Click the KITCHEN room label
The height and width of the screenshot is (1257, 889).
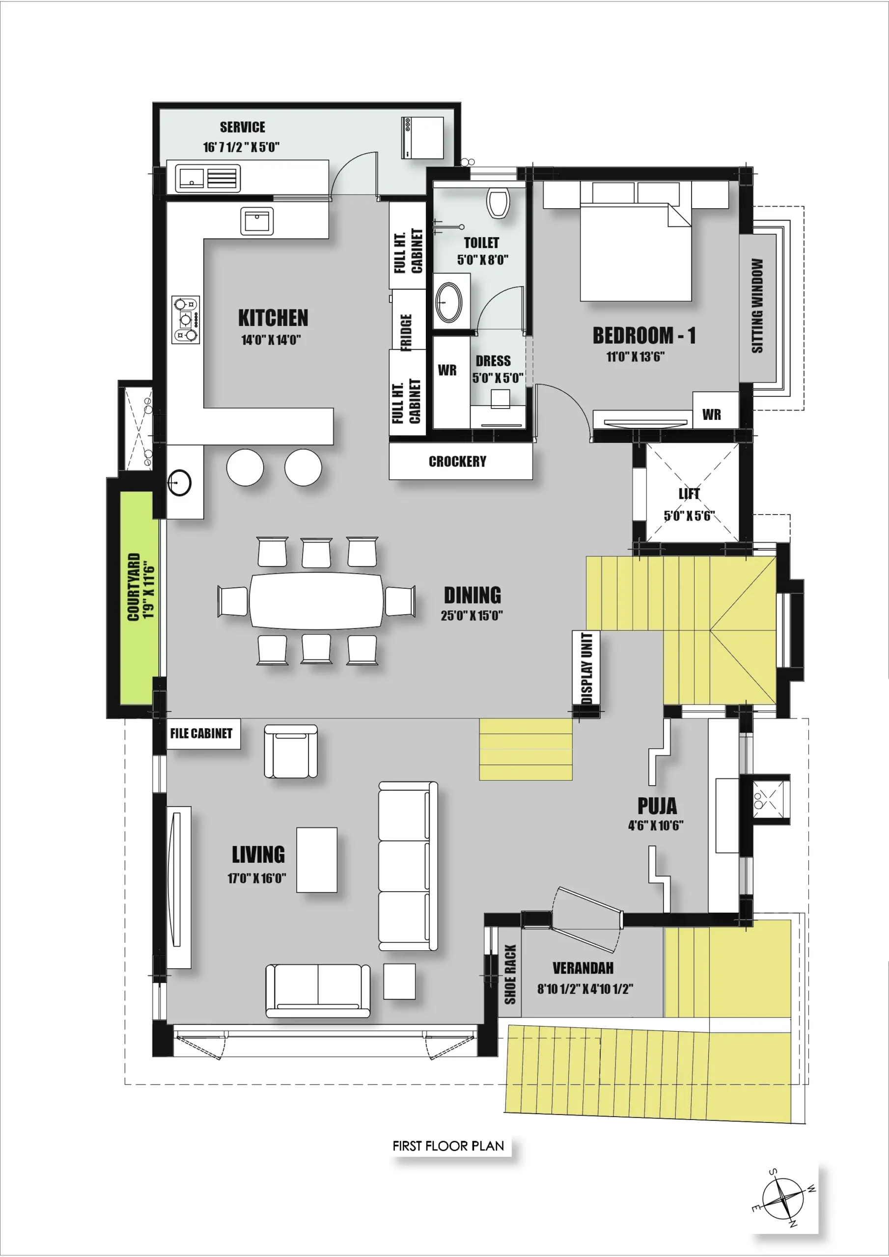pyautogui.click(x=273, y=318)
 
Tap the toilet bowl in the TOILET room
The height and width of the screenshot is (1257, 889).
pyautogui.click(x=498, y=203)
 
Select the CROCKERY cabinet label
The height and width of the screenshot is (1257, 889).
pyautogui.click(x=457, y=462)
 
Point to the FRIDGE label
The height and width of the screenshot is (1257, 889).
pyautogui.click(x=406, y=332)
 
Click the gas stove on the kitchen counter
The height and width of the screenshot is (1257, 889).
pyautogui.click(x=186, y=320)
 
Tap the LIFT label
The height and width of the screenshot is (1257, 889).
pyautogui.click(x=689, y=494)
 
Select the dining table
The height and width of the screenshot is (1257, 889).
pyautogui.click(x=317, y=601)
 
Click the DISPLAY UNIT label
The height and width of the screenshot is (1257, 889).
pyautogui.click(x=586, y=667)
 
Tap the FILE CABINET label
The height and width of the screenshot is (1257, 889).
pyautogui.click(x=201, y=734)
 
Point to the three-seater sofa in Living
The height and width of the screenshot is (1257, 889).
pyautogui.click(x=408, y=866)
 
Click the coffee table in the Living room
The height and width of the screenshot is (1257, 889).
pyautogui.click(x=317, y=860)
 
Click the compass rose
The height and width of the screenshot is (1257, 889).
pyautogui.click(x=784, y=1199)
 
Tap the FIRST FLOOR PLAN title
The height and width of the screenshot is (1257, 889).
pyautogui.click(x=448, y=1146)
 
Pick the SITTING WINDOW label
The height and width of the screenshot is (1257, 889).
pyautogui.click(x=757, y=305)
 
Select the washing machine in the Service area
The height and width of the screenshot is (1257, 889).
pyautogui.click(x=422, y=138)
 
